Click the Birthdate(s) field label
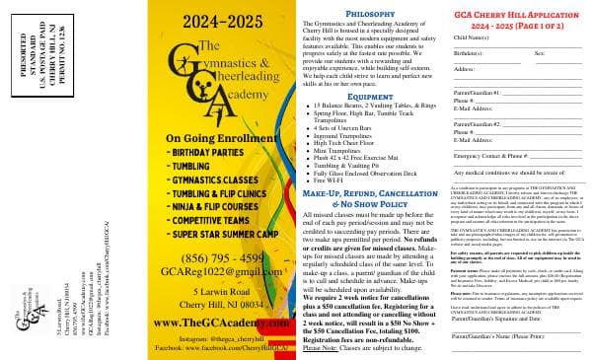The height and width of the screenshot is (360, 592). pos(472,51)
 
